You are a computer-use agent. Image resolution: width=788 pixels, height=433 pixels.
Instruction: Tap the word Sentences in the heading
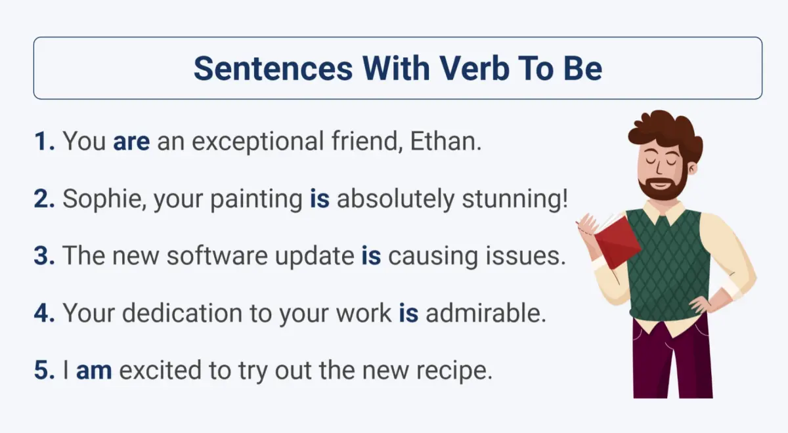coord(273,68)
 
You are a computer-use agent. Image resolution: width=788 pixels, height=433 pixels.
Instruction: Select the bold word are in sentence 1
coord(131,142)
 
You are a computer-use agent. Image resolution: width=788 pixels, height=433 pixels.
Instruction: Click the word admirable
coord(485,314)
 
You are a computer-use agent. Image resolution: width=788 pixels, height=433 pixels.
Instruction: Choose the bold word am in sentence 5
coord(94,371)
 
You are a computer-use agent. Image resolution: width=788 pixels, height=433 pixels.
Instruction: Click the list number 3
coord(44,257)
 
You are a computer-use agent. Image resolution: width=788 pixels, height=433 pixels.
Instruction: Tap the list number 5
coord(44,371)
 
